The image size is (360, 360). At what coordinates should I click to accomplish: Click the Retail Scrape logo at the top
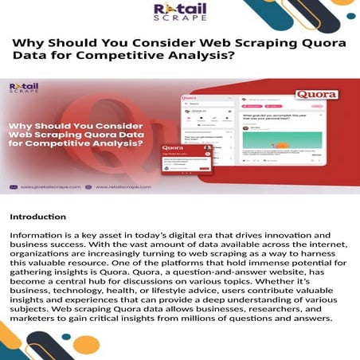point(179,14)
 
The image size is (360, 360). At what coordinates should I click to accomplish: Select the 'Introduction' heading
point(38,216)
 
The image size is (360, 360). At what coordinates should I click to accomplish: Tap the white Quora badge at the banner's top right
point(315,94)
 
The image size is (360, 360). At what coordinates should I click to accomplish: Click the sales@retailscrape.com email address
point(49,187)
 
